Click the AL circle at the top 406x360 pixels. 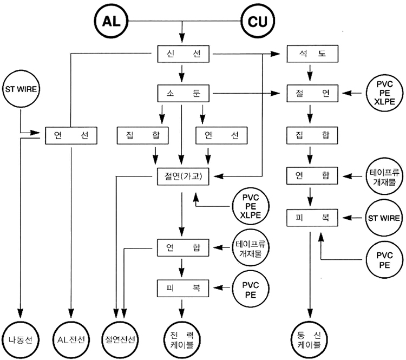114,22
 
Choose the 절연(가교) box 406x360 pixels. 181,175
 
